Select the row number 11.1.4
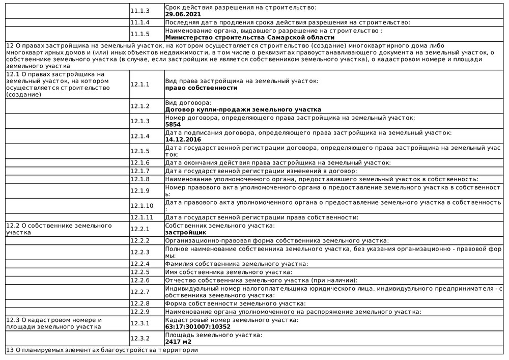click(x=140, y=22)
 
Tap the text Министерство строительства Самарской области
click(x=250, y=37)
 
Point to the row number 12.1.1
click(x=140, y=84)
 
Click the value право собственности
click(x=201, y=88)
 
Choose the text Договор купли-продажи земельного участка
click(x=243, y=109)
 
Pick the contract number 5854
click(x=173, y=124)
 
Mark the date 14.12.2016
click(x=183, y=139)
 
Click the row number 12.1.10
click(x=142, y=206)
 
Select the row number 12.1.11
click(x=142, y=217)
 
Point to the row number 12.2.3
click(x=140, y=252)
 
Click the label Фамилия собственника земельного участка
click(x=237, y=264)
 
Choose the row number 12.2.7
click(x=140, y=291)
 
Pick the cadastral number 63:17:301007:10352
click(x=202, y=327)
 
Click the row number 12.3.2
click(x=140, y=338)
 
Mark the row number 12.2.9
click(x=140, y=311)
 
